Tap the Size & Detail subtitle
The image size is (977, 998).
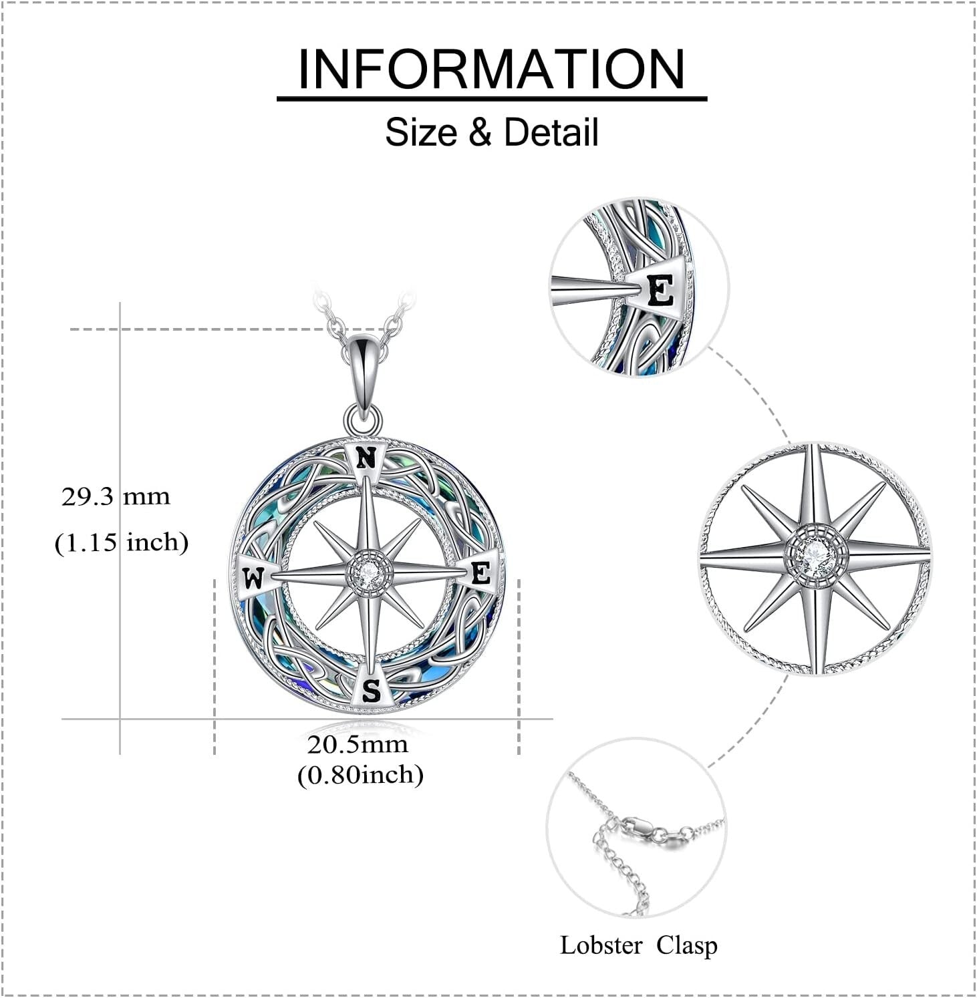[x=491, y=132]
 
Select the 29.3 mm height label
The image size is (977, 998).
[x=116, y=497]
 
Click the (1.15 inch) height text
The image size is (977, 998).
[x=121, y=542]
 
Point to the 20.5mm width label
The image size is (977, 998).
[x=358, y=744]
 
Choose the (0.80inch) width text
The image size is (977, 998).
[x=360, y=775]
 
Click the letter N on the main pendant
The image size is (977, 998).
[x=365, y=459]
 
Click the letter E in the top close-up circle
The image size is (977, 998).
[x=661, y=291]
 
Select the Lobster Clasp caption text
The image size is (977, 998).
[x=638, y=945]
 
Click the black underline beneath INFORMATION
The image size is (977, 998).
[x=491, y=99]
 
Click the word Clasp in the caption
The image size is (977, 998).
[x=686, y=945]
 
